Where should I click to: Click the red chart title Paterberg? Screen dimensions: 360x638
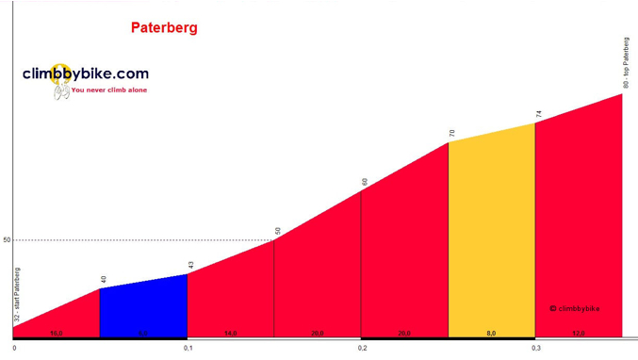[164, 27]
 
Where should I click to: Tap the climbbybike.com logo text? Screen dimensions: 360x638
[86, 73]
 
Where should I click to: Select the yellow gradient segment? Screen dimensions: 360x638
[491, 236]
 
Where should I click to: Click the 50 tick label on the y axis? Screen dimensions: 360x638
[6, 240]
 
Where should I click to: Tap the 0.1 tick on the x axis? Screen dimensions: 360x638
[188, 348]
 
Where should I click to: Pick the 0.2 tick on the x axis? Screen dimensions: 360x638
[362, 348]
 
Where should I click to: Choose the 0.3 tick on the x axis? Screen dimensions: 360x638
[535, 348]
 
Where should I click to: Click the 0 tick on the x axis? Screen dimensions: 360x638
[14, 348]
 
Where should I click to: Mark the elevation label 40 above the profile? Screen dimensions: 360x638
[102, 280]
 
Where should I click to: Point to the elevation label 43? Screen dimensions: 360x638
[189, 265]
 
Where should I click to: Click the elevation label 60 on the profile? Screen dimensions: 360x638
[364, 182]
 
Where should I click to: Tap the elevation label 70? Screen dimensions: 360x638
[451, 133]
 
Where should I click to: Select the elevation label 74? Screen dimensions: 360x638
[538, 114]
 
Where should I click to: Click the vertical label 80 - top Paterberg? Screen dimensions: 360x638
[626, 63]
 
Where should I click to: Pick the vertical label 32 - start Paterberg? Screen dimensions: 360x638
[17, 295]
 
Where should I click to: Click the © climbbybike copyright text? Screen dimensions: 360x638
[574, 308]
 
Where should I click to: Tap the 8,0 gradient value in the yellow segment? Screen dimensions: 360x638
[491, 334]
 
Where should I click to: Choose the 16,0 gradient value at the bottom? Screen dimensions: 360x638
[57, 334]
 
